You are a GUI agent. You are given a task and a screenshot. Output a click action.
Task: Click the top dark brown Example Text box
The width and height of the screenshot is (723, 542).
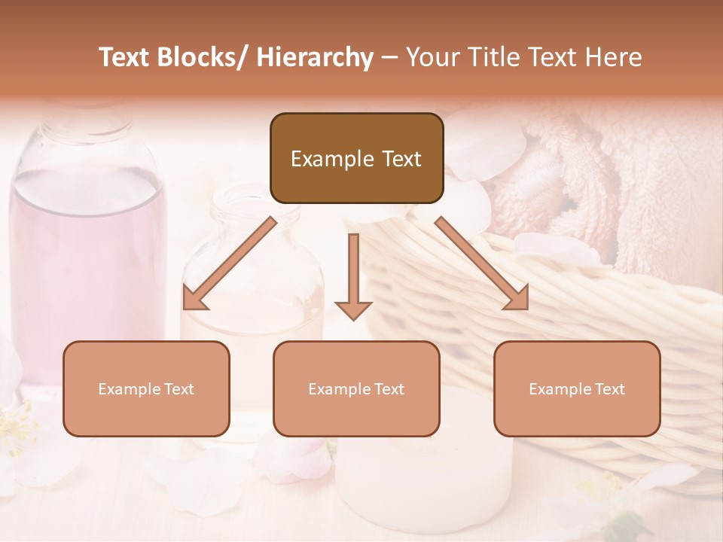coord(356,158)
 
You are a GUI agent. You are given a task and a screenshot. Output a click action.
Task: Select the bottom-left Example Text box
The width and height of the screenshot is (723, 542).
coord(146,388)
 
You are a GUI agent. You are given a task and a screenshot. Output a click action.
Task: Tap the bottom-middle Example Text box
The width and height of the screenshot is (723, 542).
coord(356,388)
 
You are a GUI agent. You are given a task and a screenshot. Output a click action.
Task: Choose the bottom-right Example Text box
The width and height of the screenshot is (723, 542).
coord(577,388)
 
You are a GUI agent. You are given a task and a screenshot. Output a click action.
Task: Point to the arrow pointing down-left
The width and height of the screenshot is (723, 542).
coord(230,263)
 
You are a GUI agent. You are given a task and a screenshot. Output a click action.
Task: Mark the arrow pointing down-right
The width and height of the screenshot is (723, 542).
coord(481,263)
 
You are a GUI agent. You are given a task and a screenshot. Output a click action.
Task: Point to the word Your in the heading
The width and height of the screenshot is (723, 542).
coord(431,57)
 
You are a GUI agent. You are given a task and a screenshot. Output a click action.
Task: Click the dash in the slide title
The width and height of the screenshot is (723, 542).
coord(389,58)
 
